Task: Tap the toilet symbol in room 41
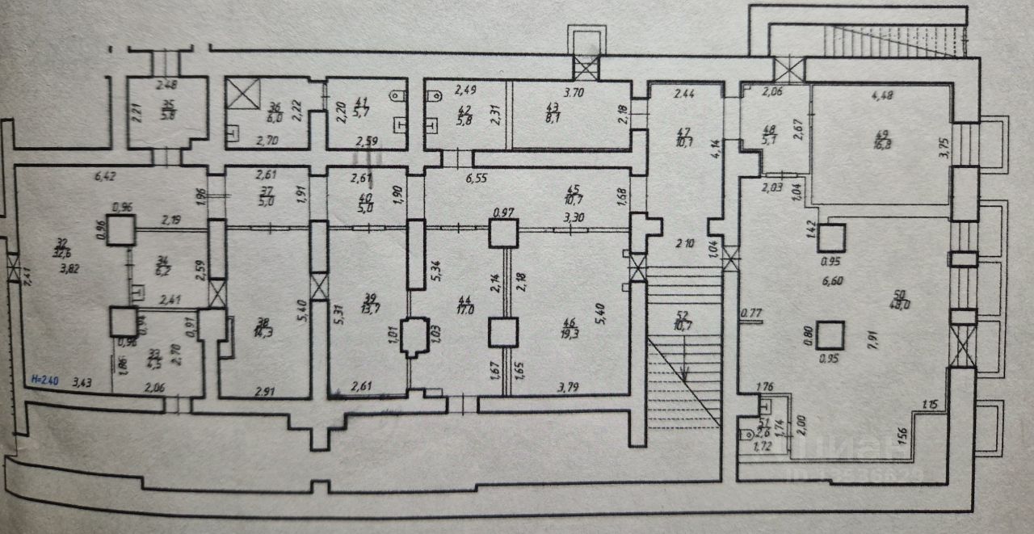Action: point(397,95)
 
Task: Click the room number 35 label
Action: point(168,103)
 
